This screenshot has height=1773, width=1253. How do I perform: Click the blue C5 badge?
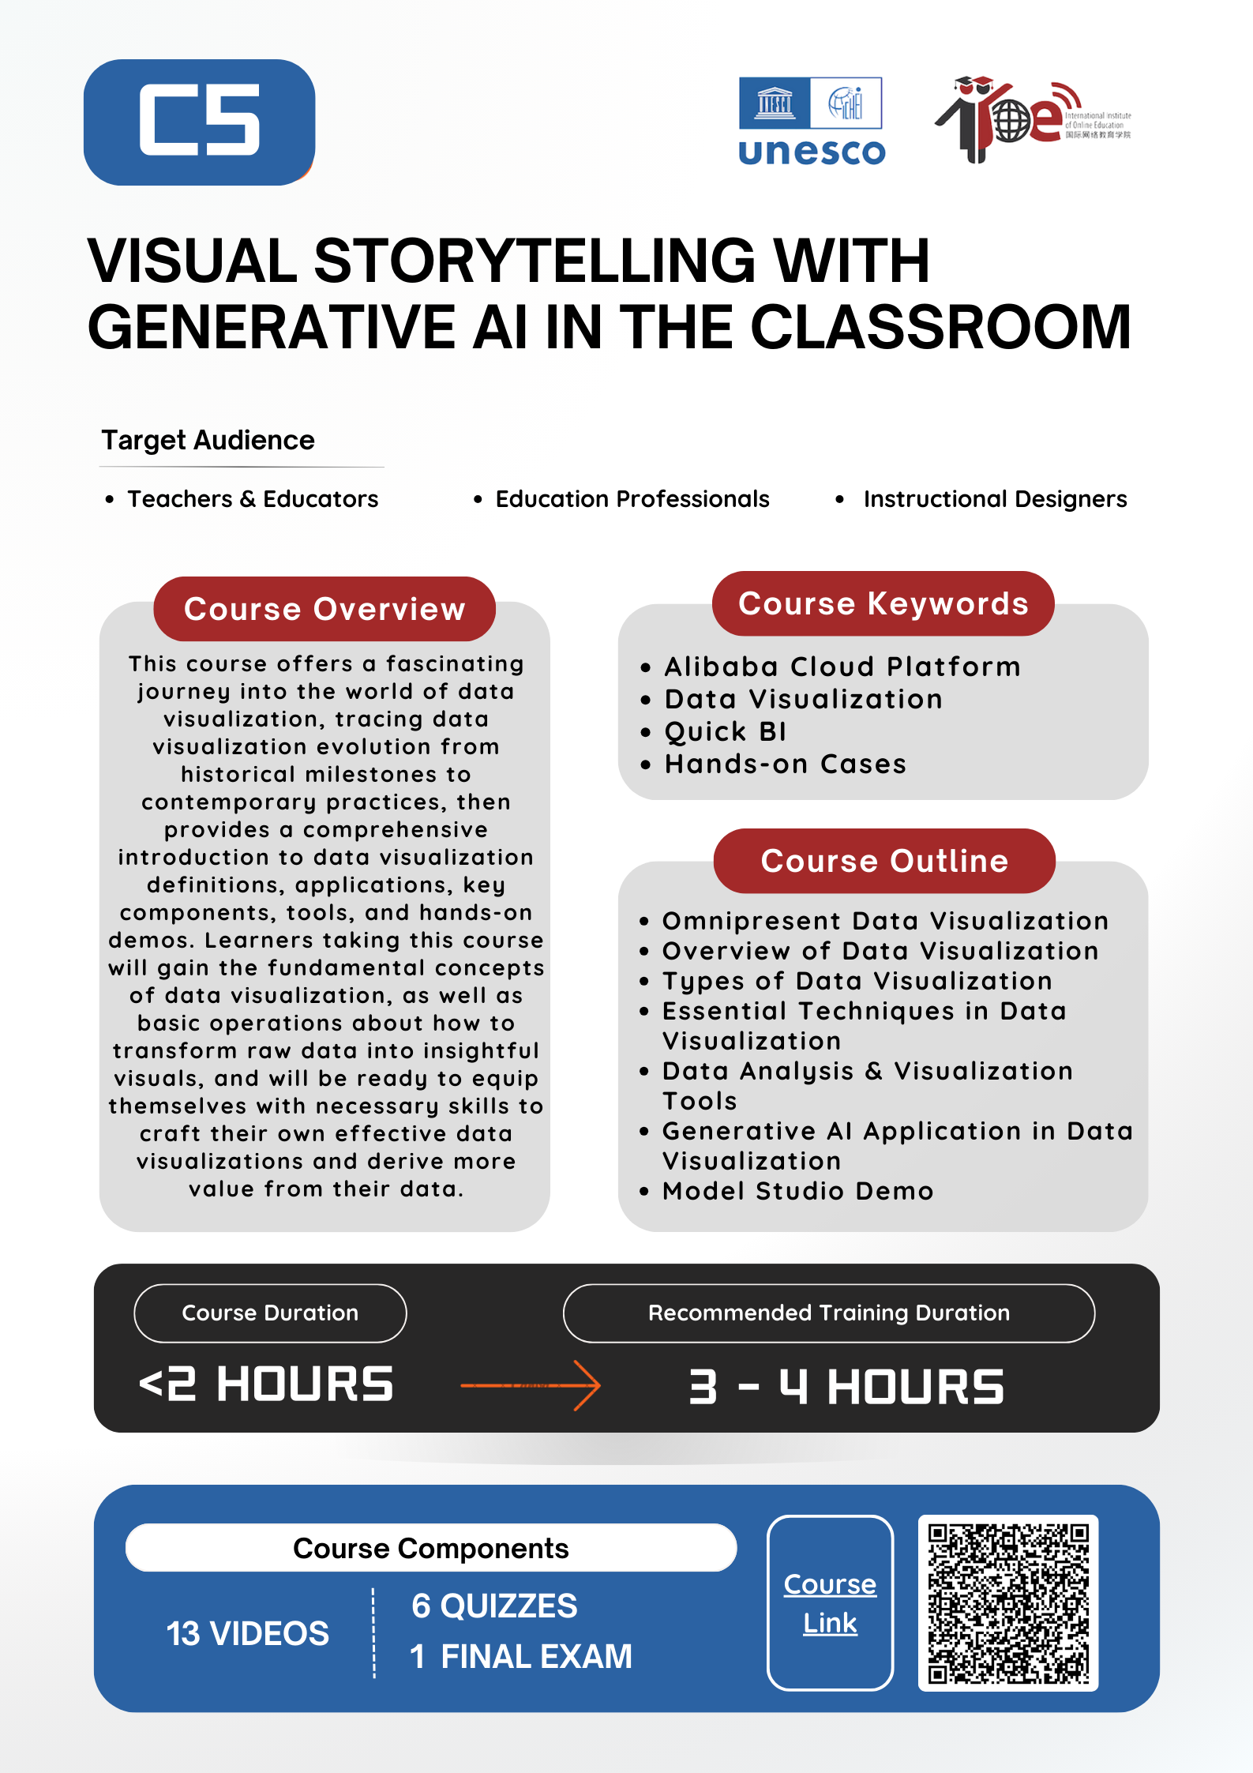(x=199, y=122)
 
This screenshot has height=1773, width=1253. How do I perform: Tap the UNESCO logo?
(x=811, y=121)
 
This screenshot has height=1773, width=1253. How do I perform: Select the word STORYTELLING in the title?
(x=535, y=261)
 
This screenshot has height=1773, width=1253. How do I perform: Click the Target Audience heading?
(x=208, y=440)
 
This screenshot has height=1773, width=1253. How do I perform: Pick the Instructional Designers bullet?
(x=994, y=499)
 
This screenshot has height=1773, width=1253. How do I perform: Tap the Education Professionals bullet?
(x=632, y=499)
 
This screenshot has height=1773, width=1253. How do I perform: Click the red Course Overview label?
(x=325, y=609)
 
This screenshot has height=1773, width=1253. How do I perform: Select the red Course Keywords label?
(x=883, y=604)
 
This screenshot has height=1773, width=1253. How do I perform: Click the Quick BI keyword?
(x=725, y=732)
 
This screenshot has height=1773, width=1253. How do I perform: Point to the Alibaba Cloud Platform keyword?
(x=842, y=667)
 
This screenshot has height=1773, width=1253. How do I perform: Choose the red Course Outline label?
(x=884, y=861)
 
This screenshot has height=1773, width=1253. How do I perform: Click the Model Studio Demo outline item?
(x=797, y=1191)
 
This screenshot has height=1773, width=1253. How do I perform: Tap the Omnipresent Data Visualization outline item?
(x=884, y=921)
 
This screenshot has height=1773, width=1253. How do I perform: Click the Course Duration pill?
(x=270, y=1313)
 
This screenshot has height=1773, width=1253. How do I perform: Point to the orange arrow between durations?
(x=531, y=1385)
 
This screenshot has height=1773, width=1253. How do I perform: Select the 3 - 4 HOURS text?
(x=846, y=1387)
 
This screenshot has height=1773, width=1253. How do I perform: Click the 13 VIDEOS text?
(x=247, y=1633)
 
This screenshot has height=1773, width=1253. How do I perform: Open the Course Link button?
(x=830, y=1603)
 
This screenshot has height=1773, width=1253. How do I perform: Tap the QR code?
(x=1008, y=1603)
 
